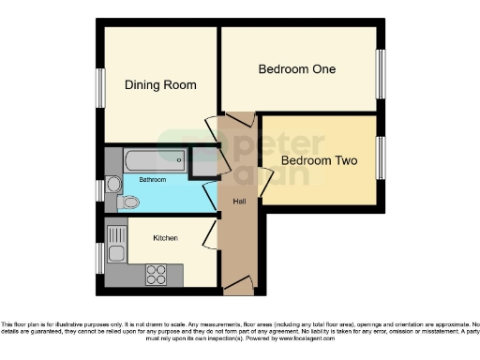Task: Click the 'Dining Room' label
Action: click(160, 84)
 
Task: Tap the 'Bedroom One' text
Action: click(296, 69)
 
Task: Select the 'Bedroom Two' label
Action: click(319, 160)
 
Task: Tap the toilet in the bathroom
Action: click(128, 202)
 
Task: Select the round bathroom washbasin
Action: click(112, 184)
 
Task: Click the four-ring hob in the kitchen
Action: click(156, 274)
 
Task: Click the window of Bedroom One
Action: click(381, 73)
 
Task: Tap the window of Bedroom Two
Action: click(381, 157)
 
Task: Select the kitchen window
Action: click(99, 258)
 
